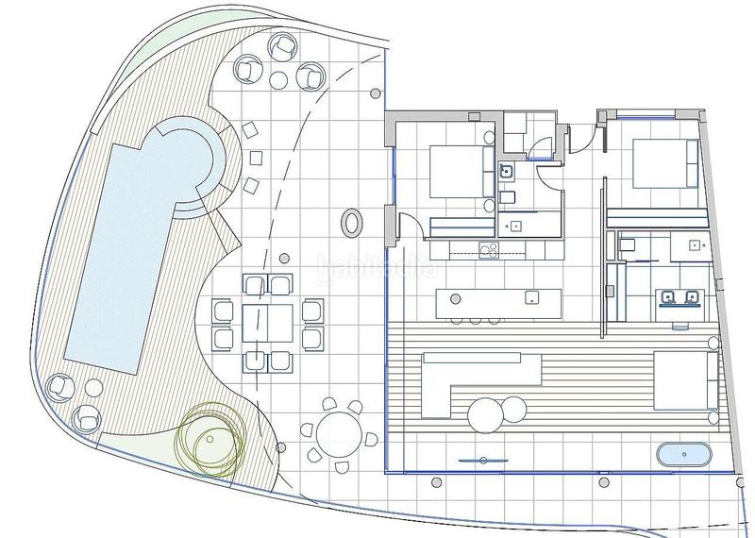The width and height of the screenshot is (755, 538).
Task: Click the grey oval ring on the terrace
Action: click(351, 223)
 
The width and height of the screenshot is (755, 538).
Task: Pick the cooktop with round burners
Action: click(488, 250)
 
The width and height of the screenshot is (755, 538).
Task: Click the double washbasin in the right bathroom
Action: click(679, 299)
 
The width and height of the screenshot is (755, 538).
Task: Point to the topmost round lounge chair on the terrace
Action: click(282, 44)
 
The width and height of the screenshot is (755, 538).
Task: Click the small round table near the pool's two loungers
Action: click(92, 387)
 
